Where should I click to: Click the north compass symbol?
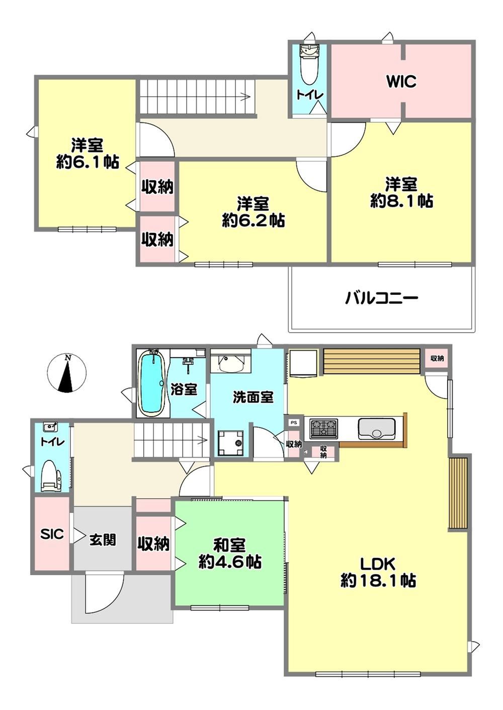(66, 373)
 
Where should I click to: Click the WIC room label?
(401, 82)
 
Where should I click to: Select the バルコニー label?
(382, 298)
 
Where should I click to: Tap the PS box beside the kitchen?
(293, 422)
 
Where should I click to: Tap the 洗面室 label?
(254, 397)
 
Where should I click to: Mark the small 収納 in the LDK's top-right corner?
(437, 358)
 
